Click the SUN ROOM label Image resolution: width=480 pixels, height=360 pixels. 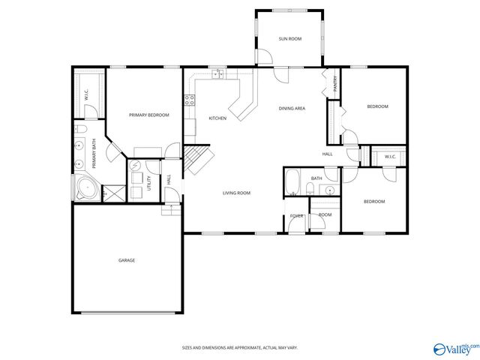[x=289, y=38]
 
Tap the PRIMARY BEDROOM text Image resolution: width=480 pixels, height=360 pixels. [x=148, y=115]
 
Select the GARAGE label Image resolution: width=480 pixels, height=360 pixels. [x=126, y=260]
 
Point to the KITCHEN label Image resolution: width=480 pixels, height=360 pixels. [x=217, y=118]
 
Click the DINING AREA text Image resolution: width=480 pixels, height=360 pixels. [x=292, y=109]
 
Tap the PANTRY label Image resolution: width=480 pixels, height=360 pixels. [x=335, y=84]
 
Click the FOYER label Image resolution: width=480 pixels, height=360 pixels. [x=297, y=216]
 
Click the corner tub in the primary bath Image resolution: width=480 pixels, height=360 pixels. [x=85, y=188]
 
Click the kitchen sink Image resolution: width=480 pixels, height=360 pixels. [x=218, y=73]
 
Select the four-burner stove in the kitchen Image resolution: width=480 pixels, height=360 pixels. [x=190, y=98]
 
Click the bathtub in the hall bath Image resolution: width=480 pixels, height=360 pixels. [x=294, y=181]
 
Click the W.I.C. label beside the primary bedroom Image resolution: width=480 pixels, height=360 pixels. [x=87, y=94]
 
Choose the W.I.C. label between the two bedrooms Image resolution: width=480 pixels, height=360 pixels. [x=390, y=157]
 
